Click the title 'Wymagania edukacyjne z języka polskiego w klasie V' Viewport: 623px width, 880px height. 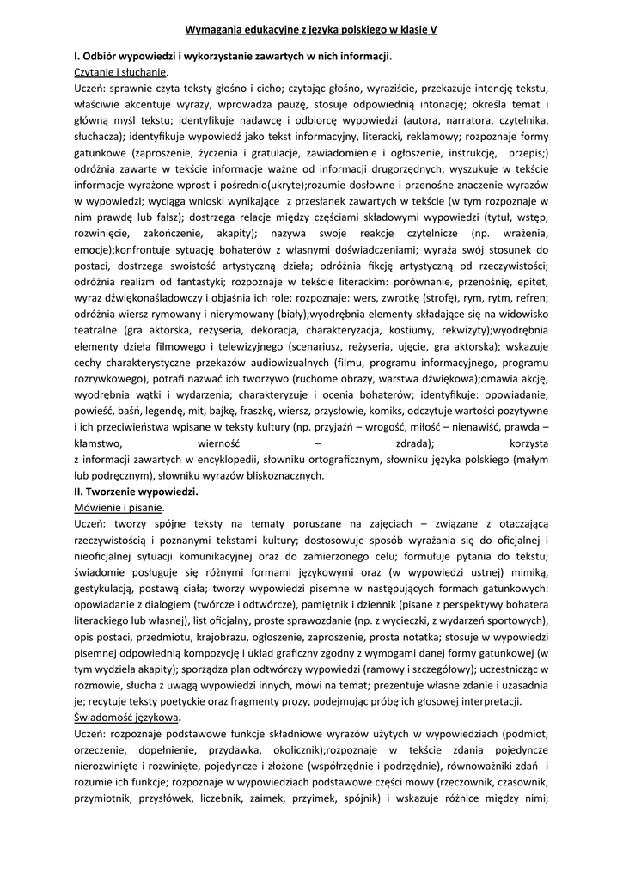(311, 28)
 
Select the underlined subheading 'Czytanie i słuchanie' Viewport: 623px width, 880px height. (121, 72)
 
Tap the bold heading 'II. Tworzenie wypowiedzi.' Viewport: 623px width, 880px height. (137, 492)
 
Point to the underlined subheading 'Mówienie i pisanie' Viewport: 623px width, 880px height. (119, 508)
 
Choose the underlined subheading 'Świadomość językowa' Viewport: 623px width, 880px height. (126, 718)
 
